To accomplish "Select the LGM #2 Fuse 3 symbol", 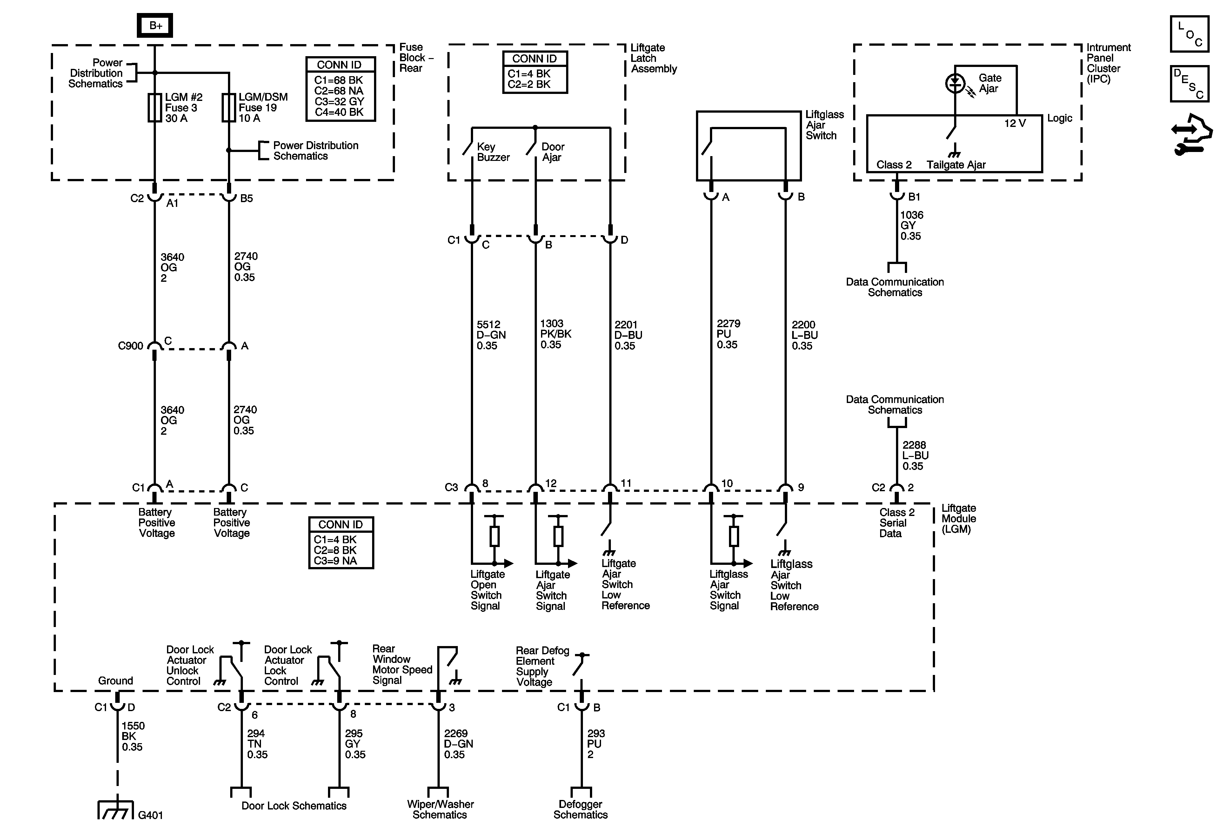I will tap(155, 108).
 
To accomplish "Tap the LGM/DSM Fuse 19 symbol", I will tap(229, 108).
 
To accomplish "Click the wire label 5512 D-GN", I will tap(491, 335).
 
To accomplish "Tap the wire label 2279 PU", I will tap(728, 334).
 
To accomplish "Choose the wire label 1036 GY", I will tap(911, 225).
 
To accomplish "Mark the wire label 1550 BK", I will tap(133, 736).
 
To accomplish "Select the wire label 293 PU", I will tap(595, 744).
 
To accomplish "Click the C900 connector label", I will tap(130, 346).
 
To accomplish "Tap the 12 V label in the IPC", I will tap(1015, 123).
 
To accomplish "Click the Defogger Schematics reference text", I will tap(581, 809).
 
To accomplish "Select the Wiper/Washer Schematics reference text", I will tap(440, 809).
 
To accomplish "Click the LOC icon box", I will tap(1189, 34).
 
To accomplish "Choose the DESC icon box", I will tap(1189, 83).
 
